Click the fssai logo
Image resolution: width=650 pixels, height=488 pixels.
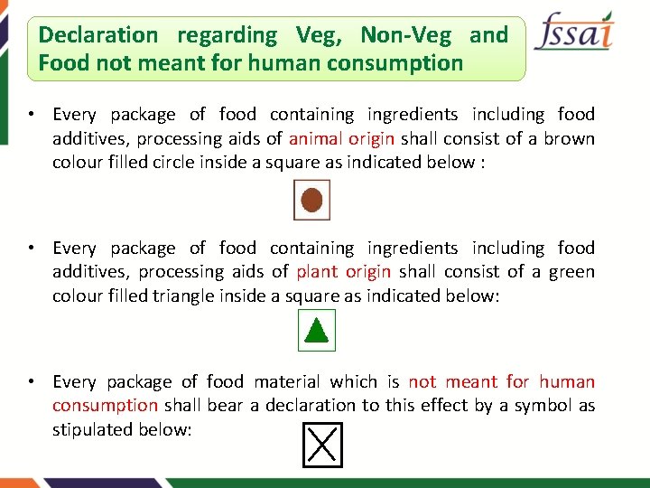pos(573,34)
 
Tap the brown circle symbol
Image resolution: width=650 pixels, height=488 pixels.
pos(311,200)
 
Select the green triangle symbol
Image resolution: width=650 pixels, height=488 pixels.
pos(316,331)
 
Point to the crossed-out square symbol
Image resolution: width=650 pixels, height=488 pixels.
pos(322,446)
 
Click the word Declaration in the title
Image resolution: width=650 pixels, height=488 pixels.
pos(97,35)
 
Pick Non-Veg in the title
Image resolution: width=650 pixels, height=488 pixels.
pos(405,35)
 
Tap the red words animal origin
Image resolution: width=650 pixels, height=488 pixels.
pos(342,138)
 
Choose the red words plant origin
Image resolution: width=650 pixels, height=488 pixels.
pos(344,271)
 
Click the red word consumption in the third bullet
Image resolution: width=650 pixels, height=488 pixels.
pos(105,405)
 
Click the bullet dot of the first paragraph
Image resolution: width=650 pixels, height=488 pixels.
pos(31,115)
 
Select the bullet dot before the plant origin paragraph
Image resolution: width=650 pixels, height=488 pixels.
pos(31,248)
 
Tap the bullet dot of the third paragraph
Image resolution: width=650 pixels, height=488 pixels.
pos(31,381)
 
